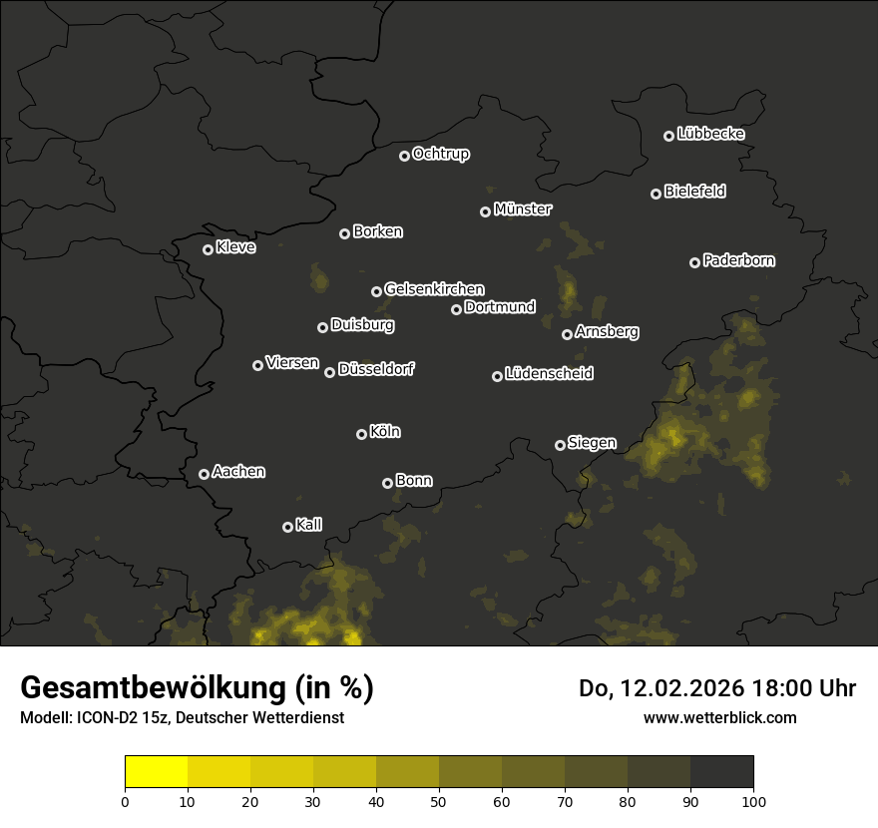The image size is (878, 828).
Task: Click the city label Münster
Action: coord(523,209)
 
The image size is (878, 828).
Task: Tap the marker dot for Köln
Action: coord(361,434)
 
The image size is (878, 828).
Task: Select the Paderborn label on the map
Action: coord(739,260)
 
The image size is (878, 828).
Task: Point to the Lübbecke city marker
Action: coord(668,136)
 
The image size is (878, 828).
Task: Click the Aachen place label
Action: coord(238,472)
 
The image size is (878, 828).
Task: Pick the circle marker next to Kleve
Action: coord(208,249)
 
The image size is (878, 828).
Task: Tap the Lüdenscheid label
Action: coord(549,374)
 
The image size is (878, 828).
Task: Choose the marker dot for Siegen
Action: coord(560,445)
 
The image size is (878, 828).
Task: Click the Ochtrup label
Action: coord(441,154)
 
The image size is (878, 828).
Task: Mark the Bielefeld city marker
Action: coord(656,194)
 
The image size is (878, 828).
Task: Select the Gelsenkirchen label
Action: coord(434,289)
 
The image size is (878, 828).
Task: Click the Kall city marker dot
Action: coord(287,527)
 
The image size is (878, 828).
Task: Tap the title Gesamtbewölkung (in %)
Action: coord(197,688)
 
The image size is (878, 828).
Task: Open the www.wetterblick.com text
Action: coord(719,717)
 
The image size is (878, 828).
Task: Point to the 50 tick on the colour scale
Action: coord(439,801)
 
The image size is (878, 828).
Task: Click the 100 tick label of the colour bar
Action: coord(753,801)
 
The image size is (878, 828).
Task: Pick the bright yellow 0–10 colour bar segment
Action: coord(156,771)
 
